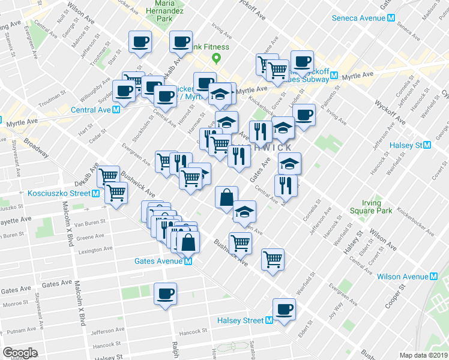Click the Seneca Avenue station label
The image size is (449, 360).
coord(359,18)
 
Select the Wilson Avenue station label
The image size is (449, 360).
coord(403,277)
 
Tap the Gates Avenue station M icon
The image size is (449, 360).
coord(188,262)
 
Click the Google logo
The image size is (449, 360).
coord(20,352)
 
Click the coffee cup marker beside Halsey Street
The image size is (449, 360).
coord(285,308)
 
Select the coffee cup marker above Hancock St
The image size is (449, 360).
coord(165,293)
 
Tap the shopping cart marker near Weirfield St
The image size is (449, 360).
coord(273,259)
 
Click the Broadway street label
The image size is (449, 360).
coord(37,148)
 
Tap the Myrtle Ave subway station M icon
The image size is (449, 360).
coord(333,77)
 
